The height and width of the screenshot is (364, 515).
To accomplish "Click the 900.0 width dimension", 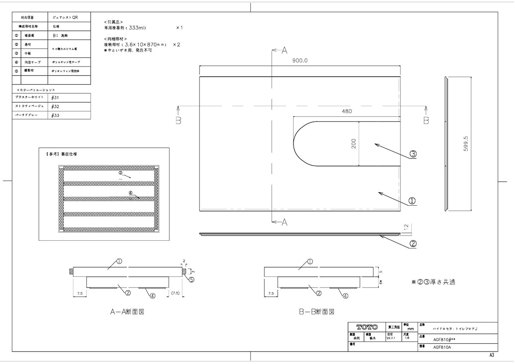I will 300,61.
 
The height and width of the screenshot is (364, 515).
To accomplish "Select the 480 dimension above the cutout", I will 347,111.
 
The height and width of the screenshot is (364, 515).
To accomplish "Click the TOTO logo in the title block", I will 367,327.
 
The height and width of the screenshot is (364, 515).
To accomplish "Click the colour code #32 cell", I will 55,106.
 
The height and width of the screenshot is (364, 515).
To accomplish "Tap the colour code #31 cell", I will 55,97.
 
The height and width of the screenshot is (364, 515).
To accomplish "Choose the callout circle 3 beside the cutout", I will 413,154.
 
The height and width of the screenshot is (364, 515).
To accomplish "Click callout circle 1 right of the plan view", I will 412,200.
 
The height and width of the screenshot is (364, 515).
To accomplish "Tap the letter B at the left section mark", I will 179,121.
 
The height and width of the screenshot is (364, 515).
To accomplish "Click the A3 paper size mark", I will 491,355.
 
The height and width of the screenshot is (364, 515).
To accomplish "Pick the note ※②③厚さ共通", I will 433,282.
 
